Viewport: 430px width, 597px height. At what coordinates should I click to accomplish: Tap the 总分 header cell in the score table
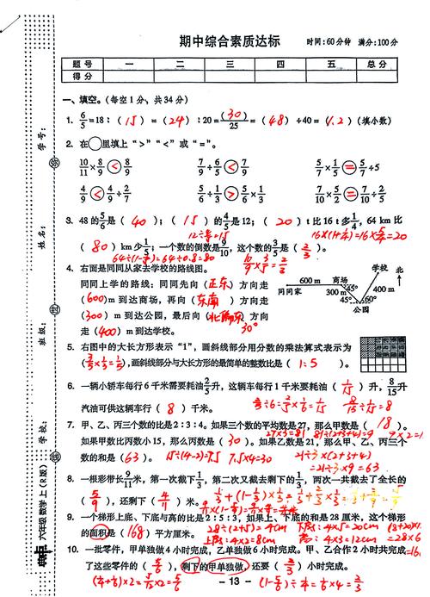tap(376, 64)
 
